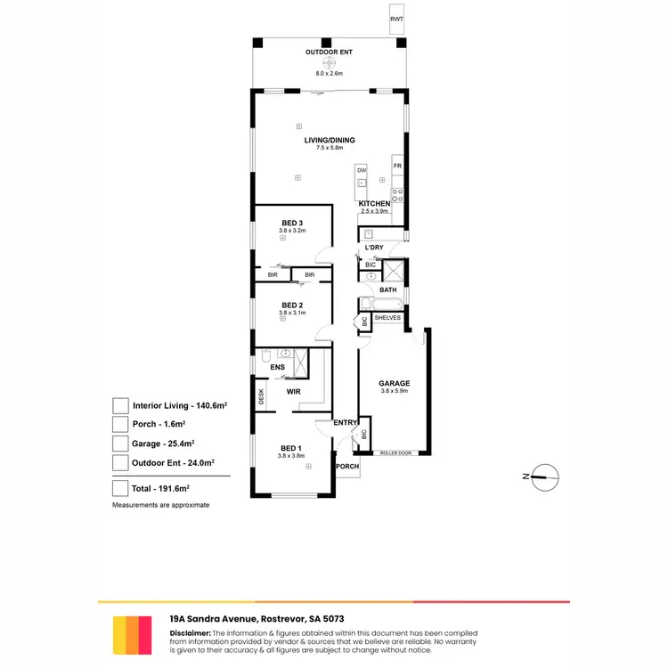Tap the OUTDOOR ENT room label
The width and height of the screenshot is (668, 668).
tap(330, 53)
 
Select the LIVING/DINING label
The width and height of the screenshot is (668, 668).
tap(330, 140)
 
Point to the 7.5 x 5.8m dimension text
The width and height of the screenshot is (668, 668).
tap(330, 148)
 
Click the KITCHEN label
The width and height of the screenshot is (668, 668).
tap(374, 204)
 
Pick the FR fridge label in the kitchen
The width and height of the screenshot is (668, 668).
tap(398, 166)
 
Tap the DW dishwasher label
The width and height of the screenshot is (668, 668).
tap(362, 170)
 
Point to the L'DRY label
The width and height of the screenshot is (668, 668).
tap(373, 247)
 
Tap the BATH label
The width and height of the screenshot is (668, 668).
tap(388, 290)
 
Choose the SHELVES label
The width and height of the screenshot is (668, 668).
tap(388, 318)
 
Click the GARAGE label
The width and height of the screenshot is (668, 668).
tap(395, 384)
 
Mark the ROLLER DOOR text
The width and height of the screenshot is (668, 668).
tap(395, 452)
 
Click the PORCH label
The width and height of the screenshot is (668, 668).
tap(347, 467)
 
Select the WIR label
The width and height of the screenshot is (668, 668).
tap(293, 391)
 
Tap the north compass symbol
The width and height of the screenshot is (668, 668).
tap(543, 477)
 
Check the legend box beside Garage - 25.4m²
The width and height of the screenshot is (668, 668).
tap(120, 443)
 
